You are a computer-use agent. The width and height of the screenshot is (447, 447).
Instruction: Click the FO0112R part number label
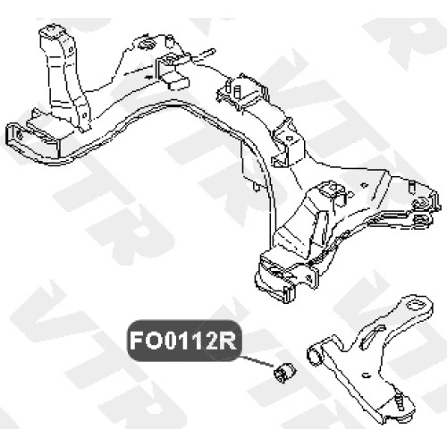point(183,341)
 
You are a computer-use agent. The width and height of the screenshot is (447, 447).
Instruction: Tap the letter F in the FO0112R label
point(137,341)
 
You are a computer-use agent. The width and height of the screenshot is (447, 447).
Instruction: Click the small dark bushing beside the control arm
point(284,373)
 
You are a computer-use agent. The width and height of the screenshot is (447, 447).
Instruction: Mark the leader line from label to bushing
point(257,361)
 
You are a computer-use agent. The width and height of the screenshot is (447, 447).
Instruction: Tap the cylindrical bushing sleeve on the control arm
point(316,355)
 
